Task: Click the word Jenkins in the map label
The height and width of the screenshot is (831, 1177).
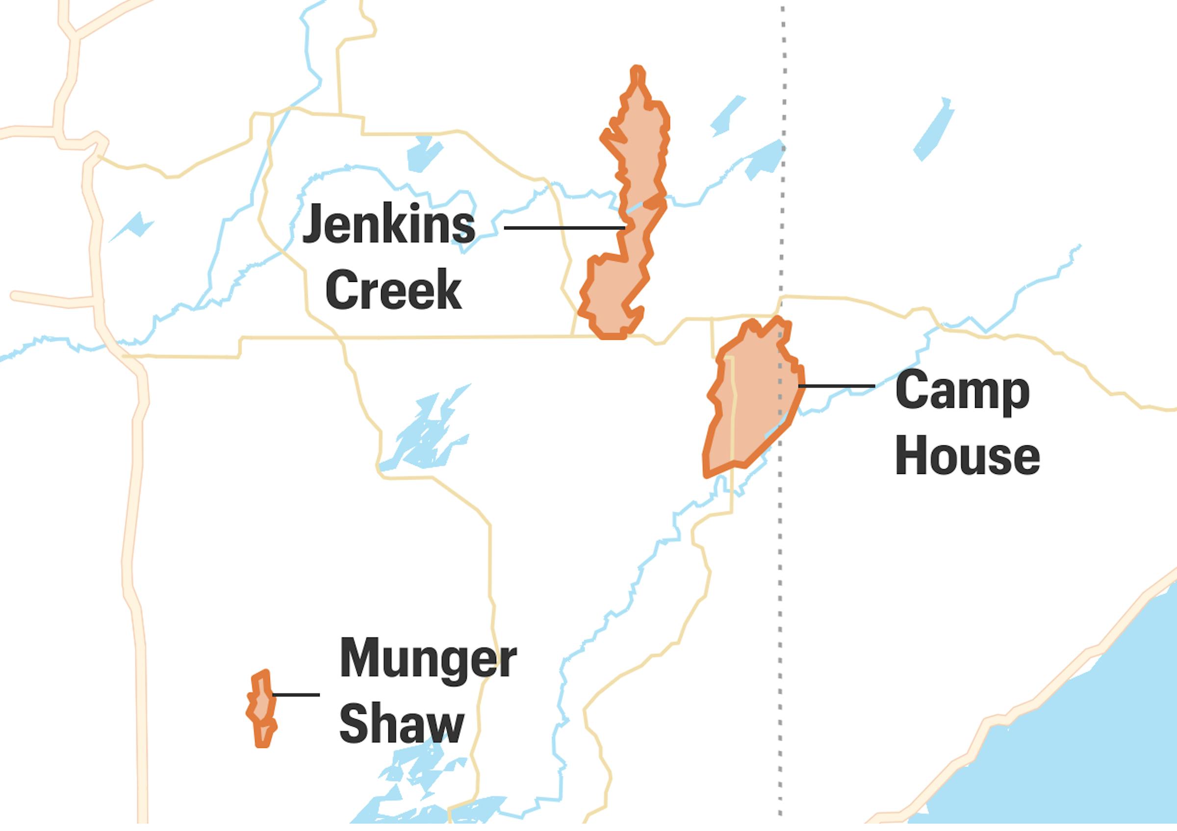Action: (388, 225)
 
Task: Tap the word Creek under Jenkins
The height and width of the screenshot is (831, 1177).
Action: (394, 289)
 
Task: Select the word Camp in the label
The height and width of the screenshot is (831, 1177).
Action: (962, 391)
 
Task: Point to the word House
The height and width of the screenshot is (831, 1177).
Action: (967, 455)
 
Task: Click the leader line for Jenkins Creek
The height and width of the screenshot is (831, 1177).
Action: (564, 227)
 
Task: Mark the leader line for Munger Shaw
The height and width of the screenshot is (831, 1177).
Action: (296, 695)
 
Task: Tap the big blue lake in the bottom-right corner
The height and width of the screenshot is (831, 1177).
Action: (1076, 743)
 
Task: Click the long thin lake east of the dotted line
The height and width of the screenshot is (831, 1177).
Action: (934, 130)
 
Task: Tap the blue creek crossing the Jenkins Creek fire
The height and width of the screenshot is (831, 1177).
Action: (635, 207)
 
